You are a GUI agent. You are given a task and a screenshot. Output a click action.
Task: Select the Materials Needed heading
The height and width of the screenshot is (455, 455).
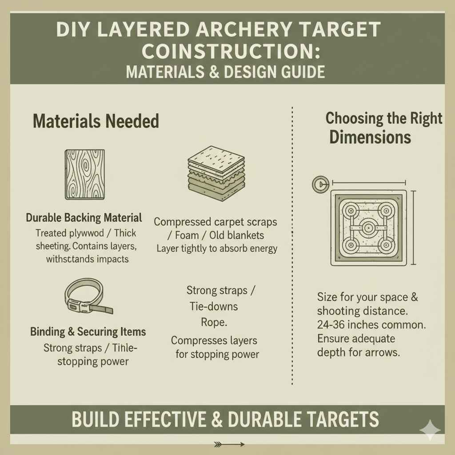click(x=96, y=121)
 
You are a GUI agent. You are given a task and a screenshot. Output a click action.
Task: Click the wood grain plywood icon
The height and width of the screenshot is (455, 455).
click(x=85, y=174)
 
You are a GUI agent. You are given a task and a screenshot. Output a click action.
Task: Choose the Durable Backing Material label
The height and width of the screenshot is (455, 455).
click(x=84, y=218)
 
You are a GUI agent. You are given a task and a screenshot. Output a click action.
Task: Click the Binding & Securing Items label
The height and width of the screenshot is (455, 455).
click(x=88, y=331)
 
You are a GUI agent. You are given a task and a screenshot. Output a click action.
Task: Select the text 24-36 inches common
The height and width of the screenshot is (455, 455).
click(x=371, y=325)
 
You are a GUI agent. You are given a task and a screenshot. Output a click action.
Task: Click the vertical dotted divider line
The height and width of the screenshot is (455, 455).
click(x=292, y=244)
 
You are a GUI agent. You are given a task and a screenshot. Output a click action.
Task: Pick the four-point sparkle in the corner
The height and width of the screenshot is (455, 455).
click(x=430, y=430)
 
